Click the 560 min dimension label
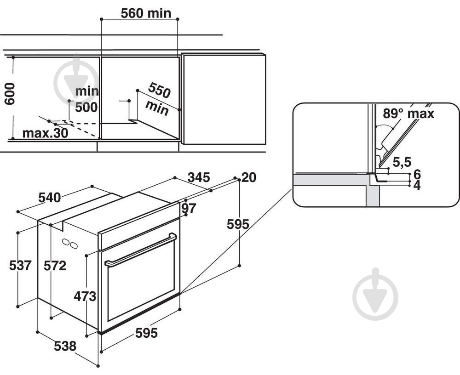click(x=145, y=13)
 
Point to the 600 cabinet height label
click(x=10, y=94)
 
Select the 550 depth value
click(x=159, y=91)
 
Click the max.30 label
click(x=46, y=133)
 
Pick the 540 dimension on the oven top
click(x=49, y=198)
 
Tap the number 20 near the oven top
click(x=249, y=177)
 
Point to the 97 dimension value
click(x=189, y=208)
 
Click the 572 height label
click(x=55, y=265)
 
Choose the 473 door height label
click(x=85, y=296)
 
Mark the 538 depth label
click(x=65, y=346)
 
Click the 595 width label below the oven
click(x=146, y=333)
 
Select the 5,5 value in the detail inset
click(x=402, y=161)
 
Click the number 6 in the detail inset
click(x=417, y=174)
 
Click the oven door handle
click(x=140, y=250)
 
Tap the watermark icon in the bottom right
click(x=375, y=294)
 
